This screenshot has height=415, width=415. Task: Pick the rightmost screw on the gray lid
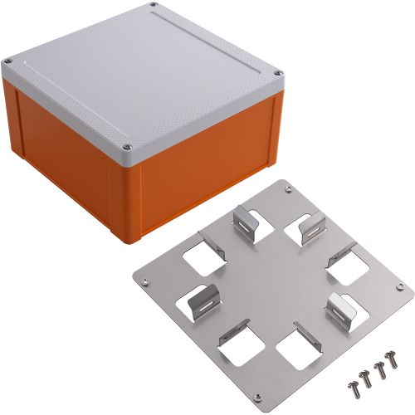pos(278,76)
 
